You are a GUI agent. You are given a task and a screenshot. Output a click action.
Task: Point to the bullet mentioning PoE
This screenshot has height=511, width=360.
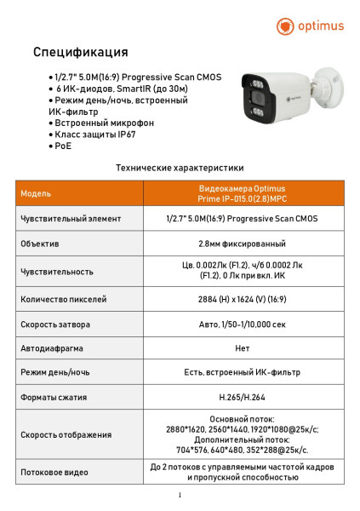(x=60, y=146)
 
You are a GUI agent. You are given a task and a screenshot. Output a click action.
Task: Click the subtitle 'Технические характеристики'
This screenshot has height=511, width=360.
(x=180, y=168)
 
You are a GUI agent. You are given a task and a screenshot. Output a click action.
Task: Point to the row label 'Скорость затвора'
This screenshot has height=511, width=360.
(x=55, y=324)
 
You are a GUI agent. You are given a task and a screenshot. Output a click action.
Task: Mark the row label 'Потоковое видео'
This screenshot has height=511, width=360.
(x=54, y=472)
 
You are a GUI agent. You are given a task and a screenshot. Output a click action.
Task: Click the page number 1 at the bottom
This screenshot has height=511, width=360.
(x=180, y=495)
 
